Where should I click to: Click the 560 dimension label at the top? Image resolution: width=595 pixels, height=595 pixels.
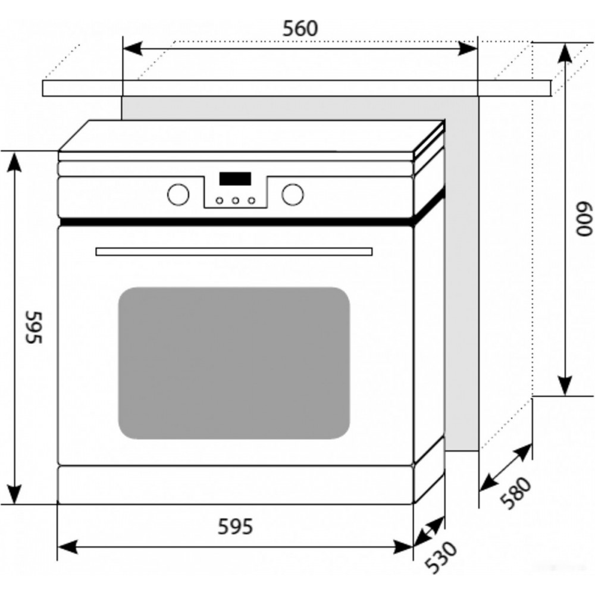[300, 29]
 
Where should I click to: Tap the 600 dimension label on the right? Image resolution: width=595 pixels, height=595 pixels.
[585, 220]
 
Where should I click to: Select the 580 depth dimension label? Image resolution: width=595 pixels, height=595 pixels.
[516, 493]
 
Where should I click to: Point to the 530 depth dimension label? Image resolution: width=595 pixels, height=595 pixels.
[441, 558]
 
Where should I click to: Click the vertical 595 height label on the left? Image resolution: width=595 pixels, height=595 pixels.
[34, 327]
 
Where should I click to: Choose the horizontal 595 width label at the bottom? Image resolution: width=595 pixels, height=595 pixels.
[235, 527]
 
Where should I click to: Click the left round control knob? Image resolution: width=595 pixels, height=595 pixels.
[178, 195]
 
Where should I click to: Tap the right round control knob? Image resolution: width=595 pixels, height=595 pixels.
[293, 195]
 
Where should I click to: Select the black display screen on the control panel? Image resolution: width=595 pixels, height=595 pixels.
[235, 178]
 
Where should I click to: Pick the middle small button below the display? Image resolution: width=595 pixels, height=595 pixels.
[236, 201]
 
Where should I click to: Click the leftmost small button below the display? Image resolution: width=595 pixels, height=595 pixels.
[220, 201]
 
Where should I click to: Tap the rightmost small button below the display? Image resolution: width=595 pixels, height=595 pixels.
[252, 201]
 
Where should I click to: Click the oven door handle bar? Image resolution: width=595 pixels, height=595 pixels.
[234, 252]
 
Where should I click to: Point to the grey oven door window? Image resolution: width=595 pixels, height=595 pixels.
[234, 363]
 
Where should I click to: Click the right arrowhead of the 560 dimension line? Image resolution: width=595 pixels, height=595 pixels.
[467, 49]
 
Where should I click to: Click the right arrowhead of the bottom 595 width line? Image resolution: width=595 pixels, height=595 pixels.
[403, 547]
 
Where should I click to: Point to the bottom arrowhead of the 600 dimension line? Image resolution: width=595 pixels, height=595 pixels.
[565, 386]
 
